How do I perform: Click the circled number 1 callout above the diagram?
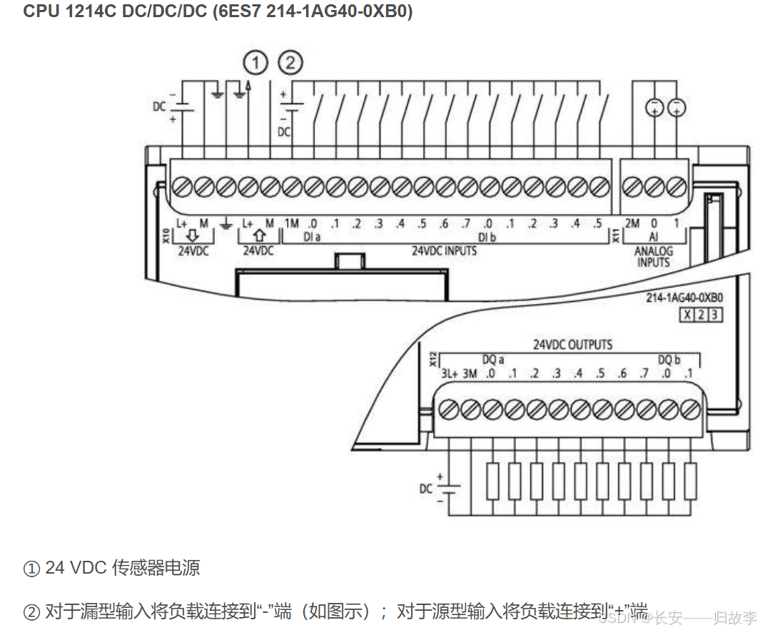[255, 63]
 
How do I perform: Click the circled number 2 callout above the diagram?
[290, 63]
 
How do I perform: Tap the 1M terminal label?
[291, 224]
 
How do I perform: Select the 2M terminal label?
[632, 224]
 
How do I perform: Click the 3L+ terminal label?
[448, 373]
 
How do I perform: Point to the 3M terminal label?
[470, 373]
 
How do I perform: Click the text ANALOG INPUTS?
[654, 257]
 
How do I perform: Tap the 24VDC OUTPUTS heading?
[572, 345]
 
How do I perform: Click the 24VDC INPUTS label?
[444, 251]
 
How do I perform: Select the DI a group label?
[311, 236]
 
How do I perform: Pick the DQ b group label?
[669, 360]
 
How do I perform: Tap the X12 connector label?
[432, 359]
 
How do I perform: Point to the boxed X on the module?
[687, 315]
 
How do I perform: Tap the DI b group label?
[487, 236]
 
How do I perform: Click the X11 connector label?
[617, 236]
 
